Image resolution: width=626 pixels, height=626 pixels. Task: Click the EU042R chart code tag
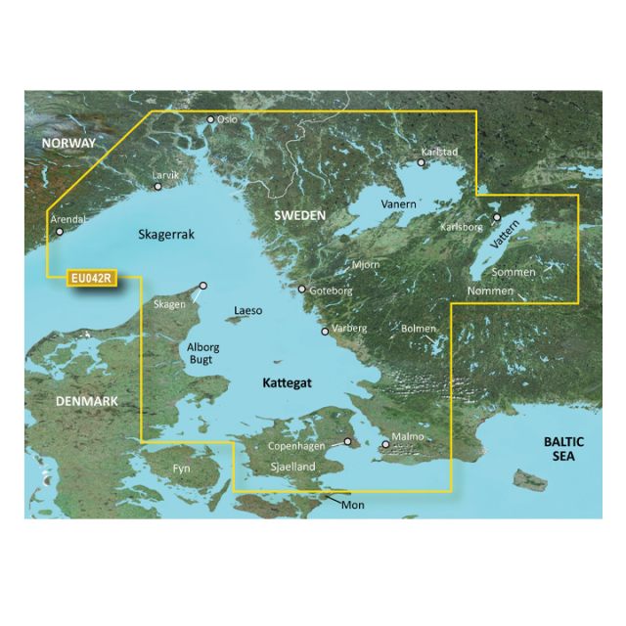[92, 279]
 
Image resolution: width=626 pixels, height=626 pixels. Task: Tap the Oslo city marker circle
[210, 120]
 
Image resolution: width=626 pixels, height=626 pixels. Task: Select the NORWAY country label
[68, 144]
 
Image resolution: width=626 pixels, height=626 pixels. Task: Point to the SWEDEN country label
[298, 214]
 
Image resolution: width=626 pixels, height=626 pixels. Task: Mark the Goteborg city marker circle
[302, 290]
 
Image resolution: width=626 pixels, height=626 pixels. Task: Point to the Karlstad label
[438, 153]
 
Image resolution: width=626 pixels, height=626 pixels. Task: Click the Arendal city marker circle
[60, 232]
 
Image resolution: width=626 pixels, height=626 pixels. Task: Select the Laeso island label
[248, 311]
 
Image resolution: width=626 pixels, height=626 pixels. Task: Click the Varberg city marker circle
[326, 331]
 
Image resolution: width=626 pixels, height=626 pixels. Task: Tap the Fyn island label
[181, 469]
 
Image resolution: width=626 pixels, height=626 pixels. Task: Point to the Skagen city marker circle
[203, 286]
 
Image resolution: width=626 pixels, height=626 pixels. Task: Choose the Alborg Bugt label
[202, 355]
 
